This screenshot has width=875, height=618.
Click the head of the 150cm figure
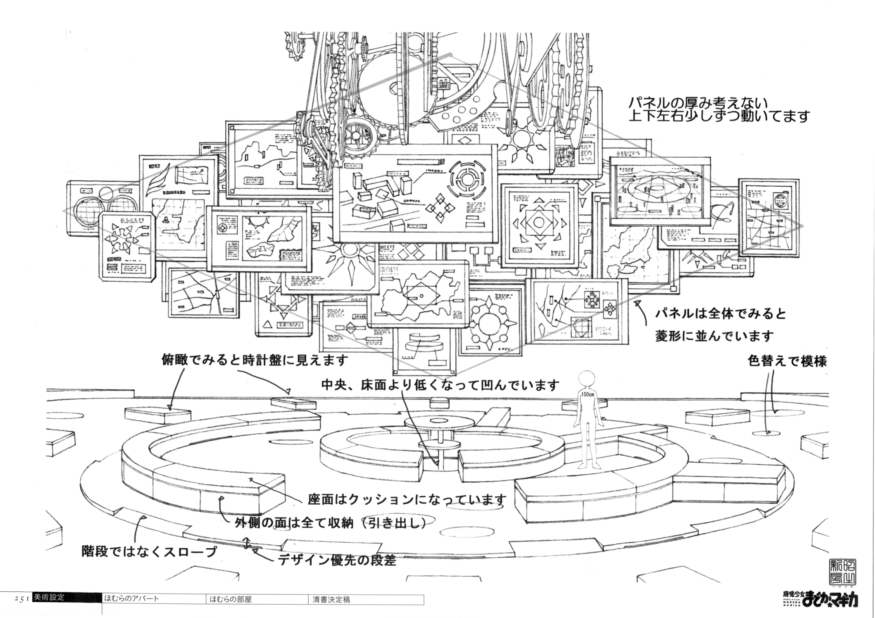587,379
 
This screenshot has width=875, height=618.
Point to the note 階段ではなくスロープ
149,551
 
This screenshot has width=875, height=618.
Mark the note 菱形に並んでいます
715,336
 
